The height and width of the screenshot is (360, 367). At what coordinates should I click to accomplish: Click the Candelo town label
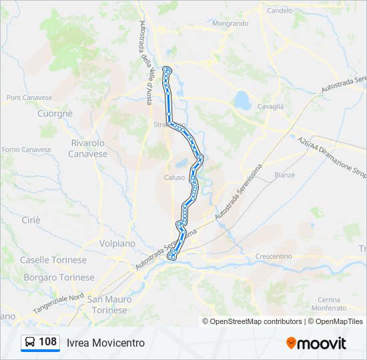tap(280, 11)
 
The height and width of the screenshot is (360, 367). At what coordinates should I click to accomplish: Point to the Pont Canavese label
tap(29, 97)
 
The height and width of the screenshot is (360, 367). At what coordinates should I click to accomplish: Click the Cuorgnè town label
tap(55, 113)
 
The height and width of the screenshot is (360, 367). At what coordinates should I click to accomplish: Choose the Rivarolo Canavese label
tap(87, 148)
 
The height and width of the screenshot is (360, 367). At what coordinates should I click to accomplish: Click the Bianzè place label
tap(284, 175)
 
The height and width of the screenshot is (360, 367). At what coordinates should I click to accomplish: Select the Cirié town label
tap(31, 219)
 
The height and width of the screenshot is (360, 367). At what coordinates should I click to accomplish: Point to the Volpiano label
tap(117, 243)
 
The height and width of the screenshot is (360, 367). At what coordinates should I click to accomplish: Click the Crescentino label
tap(274, 256)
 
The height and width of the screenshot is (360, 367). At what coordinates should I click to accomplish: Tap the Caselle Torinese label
tap(53, 260)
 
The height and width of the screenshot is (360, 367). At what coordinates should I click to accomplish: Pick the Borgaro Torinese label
tap(59, 277)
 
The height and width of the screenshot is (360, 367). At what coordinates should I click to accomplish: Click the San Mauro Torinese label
tap(107, 305)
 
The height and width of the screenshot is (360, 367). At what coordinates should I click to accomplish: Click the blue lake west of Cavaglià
tap(242, 101)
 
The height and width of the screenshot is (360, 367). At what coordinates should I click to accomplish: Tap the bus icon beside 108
tap(30, 342)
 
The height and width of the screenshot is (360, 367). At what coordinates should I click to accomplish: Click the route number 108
tap(48, 342)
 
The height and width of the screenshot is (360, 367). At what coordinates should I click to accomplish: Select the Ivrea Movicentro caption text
tap(105, 343)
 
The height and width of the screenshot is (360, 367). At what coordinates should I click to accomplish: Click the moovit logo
tap(316, 343)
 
